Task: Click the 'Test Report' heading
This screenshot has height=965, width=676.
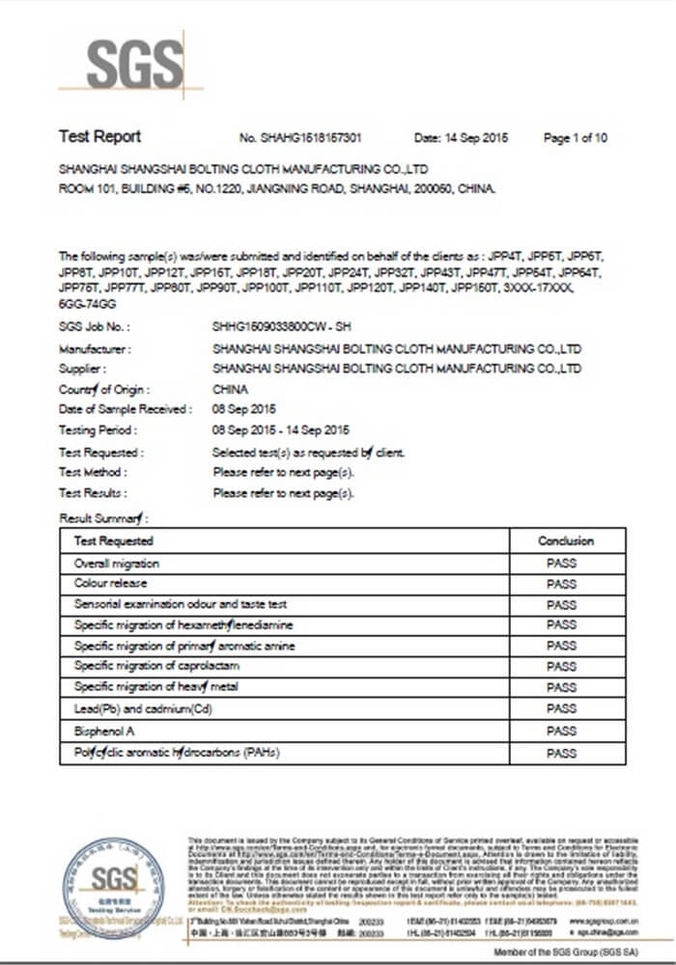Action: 99,136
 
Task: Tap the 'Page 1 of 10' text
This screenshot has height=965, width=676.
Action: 576,138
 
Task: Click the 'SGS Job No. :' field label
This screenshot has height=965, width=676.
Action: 94,328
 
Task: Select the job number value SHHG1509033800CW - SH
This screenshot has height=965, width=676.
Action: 280,328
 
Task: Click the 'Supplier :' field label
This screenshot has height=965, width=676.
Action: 82,369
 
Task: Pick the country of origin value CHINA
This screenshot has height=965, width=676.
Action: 230,390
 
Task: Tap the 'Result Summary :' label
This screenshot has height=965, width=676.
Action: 103,518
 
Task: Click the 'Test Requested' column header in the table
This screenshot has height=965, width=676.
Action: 113,540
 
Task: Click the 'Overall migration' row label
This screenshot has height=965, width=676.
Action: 117,563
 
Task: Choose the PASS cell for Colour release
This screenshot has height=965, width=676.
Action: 561,584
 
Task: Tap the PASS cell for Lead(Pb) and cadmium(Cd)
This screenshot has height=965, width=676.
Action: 561,709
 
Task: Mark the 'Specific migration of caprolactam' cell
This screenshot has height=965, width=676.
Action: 156,667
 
